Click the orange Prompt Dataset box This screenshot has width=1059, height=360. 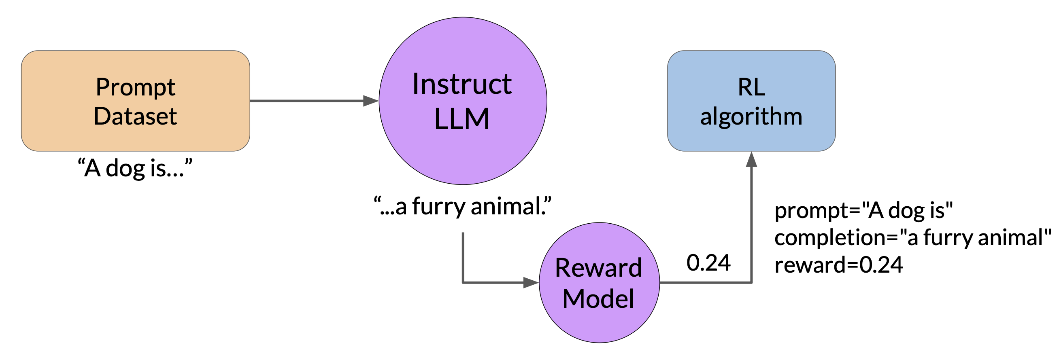coord(136,101)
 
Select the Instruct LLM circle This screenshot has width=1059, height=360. coord(463,101)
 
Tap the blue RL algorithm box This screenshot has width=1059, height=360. coord(751,101)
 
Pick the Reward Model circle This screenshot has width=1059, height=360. coord(600,283)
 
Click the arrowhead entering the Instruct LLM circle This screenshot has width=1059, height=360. coord(371,101)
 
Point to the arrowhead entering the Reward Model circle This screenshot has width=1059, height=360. coord(531,283)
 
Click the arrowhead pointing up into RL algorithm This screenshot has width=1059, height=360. coord(751,159)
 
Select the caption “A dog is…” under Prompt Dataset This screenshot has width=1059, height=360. coord(135,168)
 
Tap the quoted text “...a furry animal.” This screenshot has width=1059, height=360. coord(462,206)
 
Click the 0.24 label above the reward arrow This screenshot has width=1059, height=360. coord(709,263)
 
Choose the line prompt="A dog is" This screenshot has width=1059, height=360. coord(864,210)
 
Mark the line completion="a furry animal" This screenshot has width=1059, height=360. coord(913,238)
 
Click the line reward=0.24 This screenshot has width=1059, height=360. coord(839,265)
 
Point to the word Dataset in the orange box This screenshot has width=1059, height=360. coord(135,116)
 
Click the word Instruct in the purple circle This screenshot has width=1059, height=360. coord(462,84)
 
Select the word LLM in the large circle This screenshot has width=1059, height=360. coord(462,119)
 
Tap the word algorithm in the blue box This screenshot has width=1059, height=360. coord(751,117)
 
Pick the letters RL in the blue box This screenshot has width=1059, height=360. coord(751,87)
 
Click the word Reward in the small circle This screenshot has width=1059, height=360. coord(599,268)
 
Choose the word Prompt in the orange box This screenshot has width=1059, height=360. coord(136,87)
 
